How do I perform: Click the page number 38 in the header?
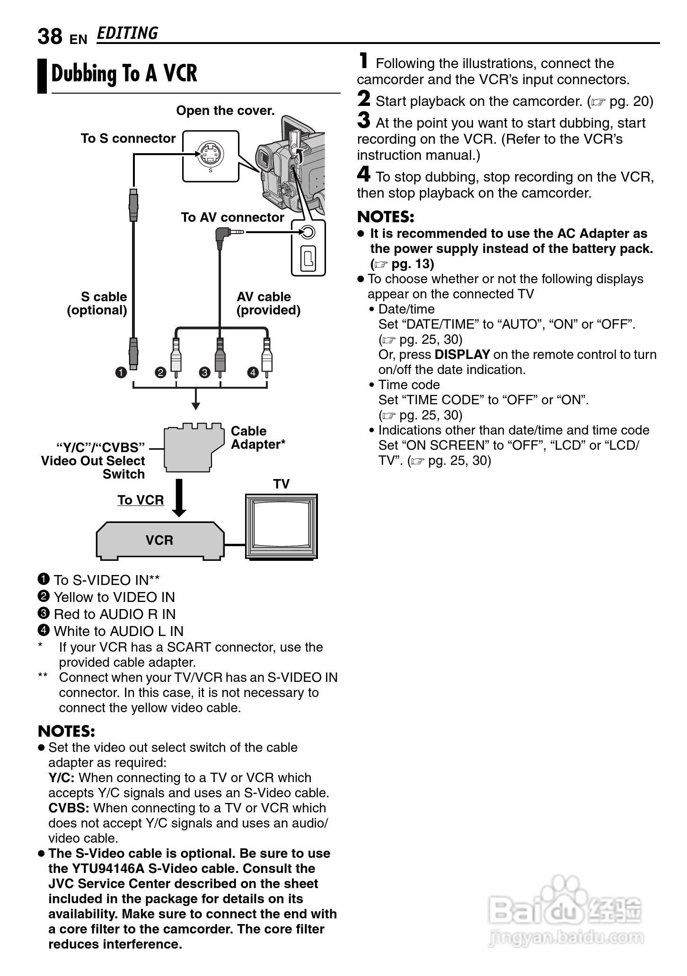(50, 36)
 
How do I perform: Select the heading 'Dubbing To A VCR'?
(124, 74)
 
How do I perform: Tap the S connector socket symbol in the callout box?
(210, 154)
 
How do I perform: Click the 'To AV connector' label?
(232, 218)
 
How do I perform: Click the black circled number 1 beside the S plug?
(121, 373)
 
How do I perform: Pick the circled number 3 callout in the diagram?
(204, 373)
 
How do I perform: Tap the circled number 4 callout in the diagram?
(253, 373)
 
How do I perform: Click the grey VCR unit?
(160, 540)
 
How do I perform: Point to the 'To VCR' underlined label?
(141, 500)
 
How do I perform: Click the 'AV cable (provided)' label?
(268, 304)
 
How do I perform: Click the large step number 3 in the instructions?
(363, 120)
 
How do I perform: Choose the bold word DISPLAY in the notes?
(462, 355)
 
